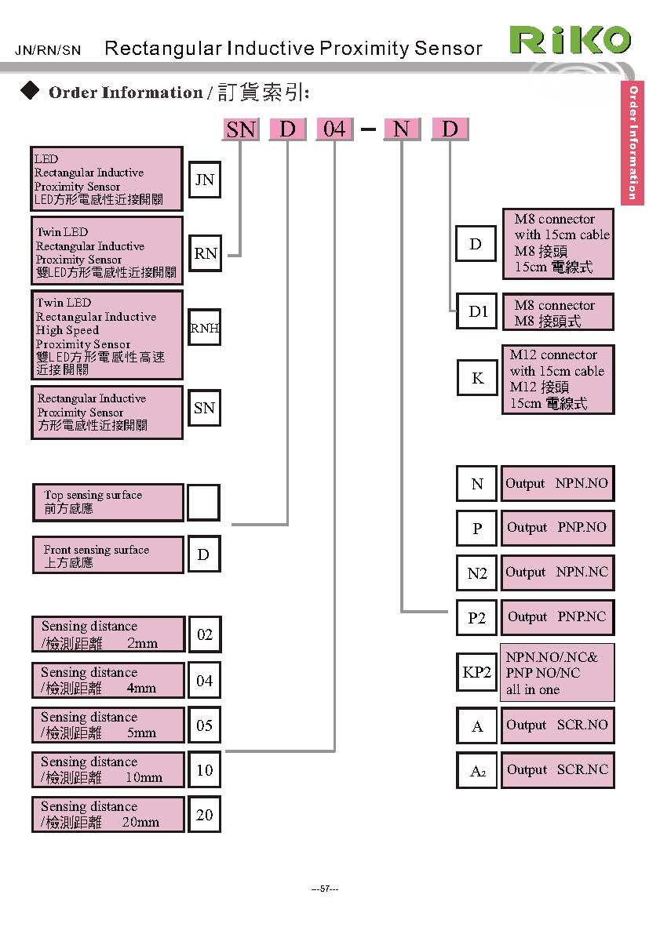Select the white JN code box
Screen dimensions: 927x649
pyautogui.click(x=204, y=180)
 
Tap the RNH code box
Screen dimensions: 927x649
pyautogui.click(x=204, y=329)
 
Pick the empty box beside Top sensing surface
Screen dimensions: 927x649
pyautogui.click(x=203, y=502)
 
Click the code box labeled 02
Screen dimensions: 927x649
pyautogui.click(x=204, y=634)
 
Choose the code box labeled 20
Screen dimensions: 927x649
pyautogui.click(x=204, y=815)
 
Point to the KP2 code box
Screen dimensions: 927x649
pyautogui.click(x=477, y=672)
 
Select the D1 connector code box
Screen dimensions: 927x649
pyautogui.click(x=478, y=311)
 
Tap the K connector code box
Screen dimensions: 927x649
pyautogui.click(x=477, y=379)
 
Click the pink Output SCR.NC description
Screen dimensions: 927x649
pyautogui.click(x=558, y=769)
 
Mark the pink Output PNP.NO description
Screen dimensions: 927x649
pyautogui.click(x=557, y=528)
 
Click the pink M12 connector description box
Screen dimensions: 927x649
pyautogui.click(x=557, y=380)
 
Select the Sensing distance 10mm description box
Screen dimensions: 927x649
pyautogui.click(x=108, y=769)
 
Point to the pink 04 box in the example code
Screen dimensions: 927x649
pyautogui.click(x=334, y=129)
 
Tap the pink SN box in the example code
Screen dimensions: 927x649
pyautogui.click(x=240, y=129)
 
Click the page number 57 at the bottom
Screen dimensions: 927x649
pyautogui.click(x=325, y=889)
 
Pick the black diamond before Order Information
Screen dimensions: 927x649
pyautogui.click(x=29, y=92)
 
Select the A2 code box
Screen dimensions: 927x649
pyautogui.click(x=477, y=770)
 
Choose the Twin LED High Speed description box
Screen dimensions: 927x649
pyautogui.click(x=108, y=336)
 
